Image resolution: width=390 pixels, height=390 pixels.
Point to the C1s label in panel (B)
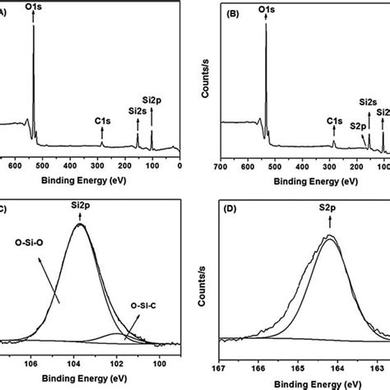pos(334,121)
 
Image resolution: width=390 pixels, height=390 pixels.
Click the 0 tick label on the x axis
pos(179,166)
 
